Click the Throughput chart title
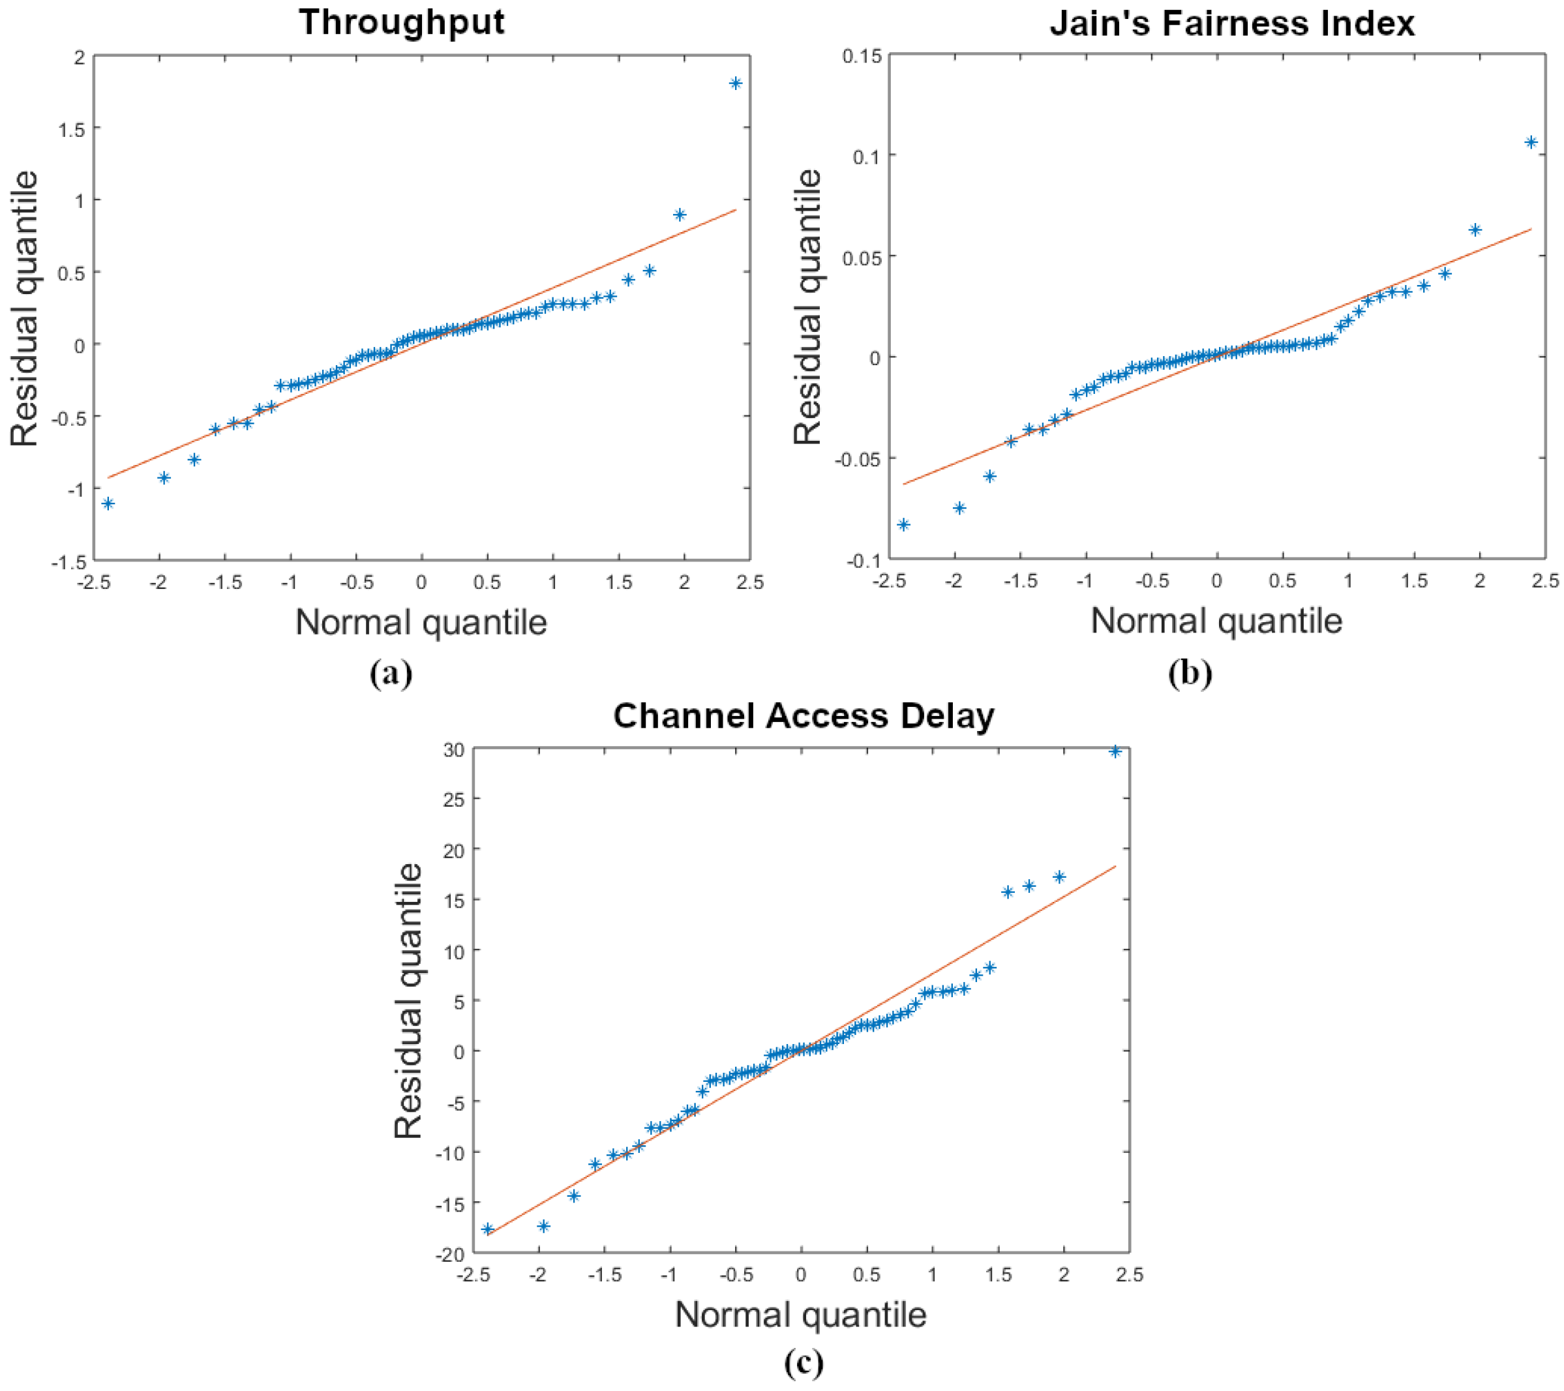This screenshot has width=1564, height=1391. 402,22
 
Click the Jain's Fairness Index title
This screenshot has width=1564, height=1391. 1232,23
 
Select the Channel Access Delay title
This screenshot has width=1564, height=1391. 804,716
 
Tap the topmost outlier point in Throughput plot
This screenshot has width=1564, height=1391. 735,83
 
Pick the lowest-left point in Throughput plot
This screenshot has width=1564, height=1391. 108,503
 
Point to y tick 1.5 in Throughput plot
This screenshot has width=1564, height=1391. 71,129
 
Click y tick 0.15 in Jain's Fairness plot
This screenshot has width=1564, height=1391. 862,57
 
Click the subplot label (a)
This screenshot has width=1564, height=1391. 391,673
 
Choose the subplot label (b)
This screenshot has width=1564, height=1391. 1190,673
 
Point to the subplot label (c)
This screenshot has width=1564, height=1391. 804,1363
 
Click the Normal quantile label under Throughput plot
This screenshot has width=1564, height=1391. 421,622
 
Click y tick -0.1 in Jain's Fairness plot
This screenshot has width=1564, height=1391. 864,561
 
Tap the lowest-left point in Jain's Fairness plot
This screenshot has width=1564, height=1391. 903,525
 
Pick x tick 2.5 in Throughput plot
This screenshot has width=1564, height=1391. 750,582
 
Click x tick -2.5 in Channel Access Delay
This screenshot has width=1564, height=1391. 472,1276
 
